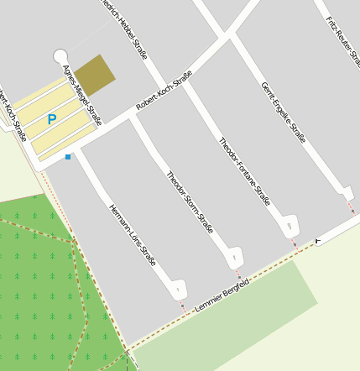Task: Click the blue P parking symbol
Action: pos(52,120)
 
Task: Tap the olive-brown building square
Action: pos(95,75)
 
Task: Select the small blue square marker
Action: pos(68,157)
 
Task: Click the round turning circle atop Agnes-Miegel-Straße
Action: pos(60,56)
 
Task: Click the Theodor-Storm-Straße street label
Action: pos(190,202)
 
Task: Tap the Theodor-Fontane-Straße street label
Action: pos(244,171)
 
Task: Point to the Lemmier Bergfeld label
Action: pos(222,295)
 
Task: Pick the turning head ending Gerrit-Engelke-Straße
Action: pos(348,193)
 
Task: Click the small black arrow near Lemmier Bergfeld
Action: pos(317,241)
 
